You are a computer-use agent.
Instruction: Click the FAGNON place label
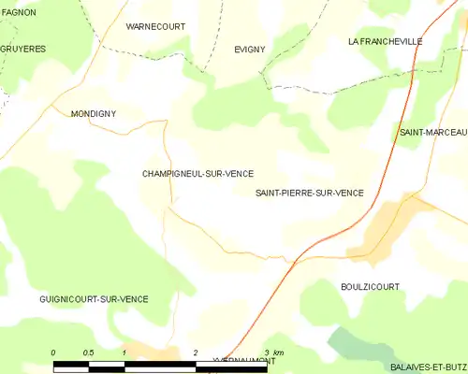coord(18,12)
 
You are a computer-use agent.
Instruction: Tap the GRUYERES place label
coord(23,48)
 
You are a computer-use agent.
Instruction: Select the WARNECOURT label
coord(155,27)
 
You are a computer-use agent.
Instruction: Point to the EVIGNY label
coord(250,49)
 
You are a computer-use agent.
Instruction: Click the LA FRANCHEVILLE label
coord(385,41)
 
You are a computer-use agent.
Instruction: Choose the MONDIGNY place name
coord(93,113)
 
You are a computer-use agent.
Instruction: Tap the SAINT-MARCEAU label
coord(432,133)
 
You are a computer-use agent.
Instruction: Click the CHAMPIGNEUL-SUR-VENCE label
coord(197,173)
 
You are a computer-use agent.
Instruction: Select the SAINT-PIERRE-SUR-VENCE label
coord(309,193)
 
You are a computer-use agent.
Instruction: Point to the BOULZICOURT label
coord(371,286)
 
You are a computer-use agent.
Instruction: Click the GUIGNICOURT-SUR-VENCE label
coord(94,299)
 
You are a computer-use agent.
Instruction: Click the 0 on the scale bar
coord(53,352)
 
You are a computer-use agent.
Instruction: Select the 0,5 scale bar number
coord(88,352)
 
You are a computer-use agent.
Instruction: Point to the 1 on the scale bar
coord(124,352)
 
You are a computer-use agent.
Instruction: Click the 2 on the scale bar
coord(195,352)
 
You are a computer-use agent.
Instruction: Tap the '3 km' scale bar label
coord(272,352)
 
